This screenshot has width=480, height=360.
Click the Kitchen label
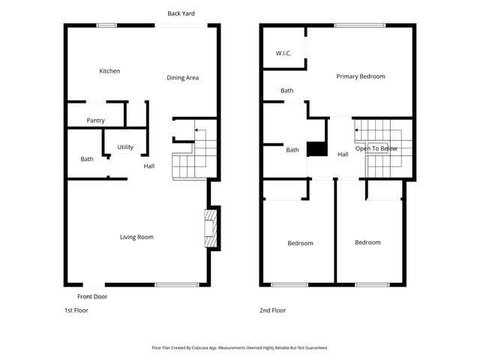tap(109, 71)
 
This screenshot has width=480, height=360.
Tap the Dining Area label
tap(183, 78)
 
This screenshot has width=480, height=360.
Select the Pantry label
tap(95, 121)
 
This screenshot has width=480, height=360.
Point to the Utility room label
tap(125, 147)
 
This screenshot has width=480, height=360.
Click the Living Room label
tap(136, 237)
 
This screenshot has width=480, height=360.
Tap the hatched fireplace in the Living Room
tap(211, 228)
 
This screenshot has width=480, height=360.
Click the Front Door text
tap(92, 296)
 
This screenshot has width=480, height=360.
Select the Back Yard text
tap(181, 13)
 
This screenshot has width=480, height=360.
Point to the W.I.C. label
tap(283, 53)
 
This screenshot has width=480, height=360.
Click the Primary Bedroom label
tap(361, 76)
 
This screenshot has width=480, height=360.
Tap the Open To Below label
tap(376, 148)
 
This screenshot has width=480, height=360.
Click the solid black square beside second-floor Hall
tap(317, 149)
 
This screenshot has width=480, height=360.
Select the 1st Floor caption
tap(76, 310)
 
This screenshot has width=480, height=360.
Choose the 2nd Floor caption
tap(273, 310)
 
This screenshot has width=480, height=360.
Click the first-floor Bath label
tap(87, 159)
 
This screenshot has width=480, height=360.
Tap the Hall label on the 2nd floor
tap(343, 154)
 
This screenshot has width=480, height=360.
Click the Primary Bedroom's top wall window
tap(360, 25)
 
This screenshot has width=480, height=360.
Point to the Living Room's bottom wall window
tap(177, 285)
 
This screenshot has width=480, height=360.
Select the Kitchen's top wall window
tap(106, 25)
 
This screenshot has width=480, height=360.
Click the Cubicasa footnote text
tap(240, 348)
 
